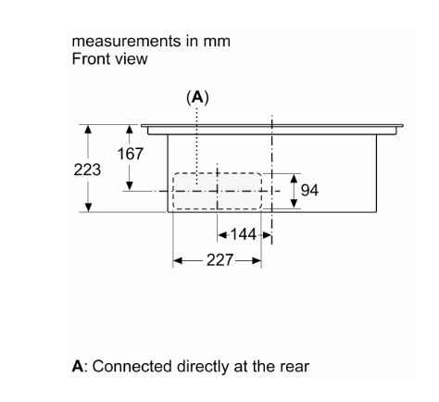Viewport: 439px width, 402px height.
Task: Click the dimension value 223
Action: click(x=87, y=170)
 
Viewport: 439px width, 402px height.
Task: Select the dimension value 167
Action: click(x=131, y=154)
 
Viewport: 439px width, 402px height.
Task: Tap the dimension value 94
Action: click(x=309, y=190)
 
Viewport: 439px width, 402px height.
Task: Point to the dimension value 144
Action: click(x=244, y=234)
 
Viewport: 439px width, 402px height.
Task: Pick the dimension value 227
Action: click(x=219, y=260)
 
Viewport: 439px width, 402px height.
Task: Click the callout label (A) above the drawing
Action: click(x=197, y=97)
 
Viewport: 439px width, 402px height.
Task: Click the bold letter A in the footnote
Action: click(x=78, y=366)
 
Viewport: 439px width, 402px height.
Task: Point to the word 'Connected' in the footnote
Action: click(x=132, y=367)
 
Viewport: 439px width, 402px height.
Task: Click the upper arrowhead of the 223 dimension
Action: click(x=88, y=129)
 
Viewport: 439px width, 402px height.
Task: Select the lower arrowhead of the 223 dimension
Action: click(x=88, y=207)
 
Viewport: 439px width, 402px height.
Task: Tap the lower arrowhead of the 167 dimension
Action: click(x=130, y=186)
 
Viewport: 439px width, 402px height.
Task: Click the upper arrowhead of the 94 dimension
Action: click(x=295, y=179)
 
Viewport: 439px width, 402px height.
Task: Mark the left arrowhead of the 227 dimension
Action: click(x=178, y=261)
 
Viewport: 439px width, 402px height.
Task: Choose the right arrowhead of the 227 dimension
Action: click(x=257, y=261)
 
